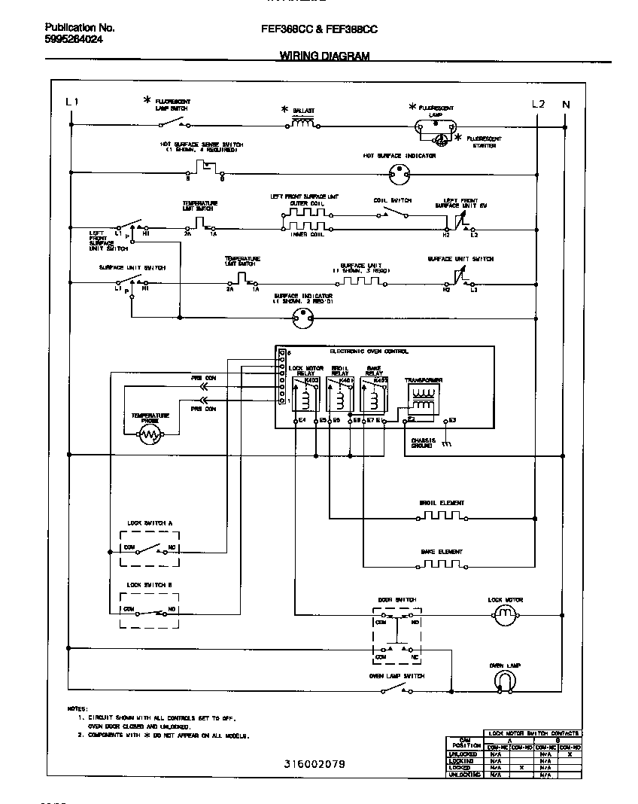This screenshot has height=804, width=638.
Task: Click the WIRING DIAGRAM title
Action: [324, 56]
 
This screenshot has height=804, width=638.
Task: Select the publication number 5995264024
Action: [74, 40]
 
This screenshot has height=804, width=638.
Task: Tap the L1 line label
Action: [71, 102]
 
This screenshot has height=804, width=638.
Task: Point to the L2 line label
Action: [537, 103]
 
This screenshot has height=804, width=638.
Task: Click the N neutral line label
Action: [566, 104]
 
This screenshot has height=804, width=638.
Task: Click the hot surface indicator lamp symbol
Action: [399, 175]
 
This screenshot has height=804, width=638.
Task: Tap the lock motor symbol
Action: [504, 617]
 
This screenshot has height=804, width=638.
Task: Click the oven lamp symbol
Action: [504, 681]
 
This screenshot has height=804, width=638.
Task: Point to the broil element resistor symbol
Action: [441, 517]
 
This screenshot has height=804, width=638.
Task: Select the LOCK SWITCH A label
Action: [150, 522]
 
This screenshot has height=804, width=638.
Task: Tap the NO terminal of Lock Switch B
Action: [172, 608]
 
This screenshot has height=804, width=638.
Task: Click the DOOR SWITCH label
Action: [396, 600]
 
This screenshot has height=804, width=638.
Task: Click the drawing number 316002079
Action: [314, 764]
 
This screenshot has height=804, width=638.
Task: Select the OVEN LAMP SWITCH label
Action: [396, 676]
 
